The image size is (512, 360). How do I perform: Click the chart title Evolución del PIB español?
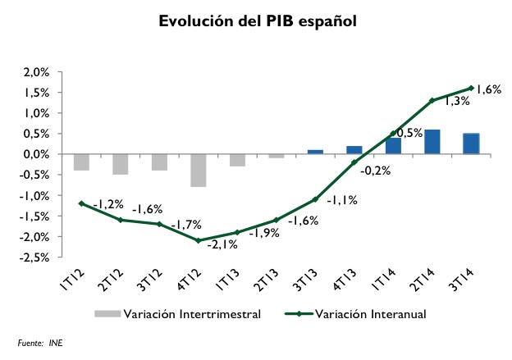[258, 21]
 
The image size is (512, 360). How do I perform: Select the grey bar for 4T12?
[198, 171]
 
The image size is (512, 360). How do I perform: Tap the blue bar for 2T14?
[432, 142]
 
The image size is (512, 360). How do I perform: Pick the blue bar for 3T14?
[471, 144]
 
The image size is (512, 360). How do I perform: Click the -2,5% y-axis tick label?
[35, 257]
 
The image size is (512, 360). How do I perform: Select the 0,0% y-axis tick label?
[37, 154]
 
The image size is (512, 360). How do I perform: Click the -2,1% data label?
[221, 244]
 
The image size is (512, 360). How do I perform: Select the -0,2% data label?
[376, 171]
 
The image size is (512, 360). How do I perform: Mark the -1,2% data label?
[107, 203]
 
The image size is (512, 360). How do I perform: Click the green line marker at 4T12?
[198, 240]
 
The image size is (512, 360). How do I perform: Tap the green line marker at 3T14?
[471, 88]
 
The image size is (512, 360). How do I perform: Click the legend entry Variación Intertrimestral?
[180, 313]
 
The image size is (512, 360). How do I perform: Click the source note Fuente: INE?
[39, 343]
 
